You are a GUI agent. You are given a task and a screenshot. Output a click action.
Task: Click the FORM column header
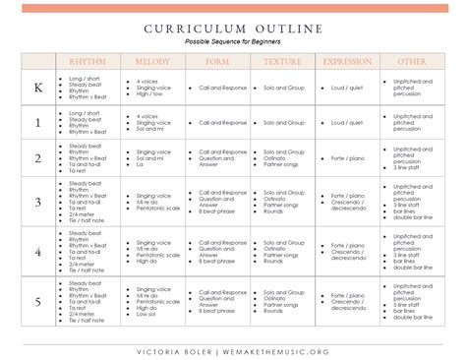click(x=215, y=61)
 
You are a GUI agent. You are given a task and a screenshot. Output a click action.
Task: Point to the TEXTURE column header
click(x=283, y=61)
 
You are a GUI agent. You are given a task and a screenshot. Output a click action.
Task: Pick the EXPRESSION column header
click(x=347, y=61)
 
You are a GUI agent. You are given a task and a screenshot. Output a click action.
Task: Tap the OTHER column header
click(x=412, y=61)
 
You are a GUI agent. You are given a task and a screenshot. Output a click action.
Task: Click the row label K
click(x=38, y=88)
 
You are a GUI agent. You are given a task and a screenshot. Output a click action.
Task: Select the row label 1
click(x=38, y=124)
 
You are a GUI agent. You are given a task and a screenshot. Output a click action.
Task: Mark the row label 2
click(x=38, y=158)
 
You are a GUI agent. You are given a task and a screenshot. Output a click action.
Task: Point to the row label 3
click(x=38, y=202)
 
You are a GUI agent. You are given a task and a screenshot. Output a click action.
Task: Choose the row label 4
click(x=38, y=250)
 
